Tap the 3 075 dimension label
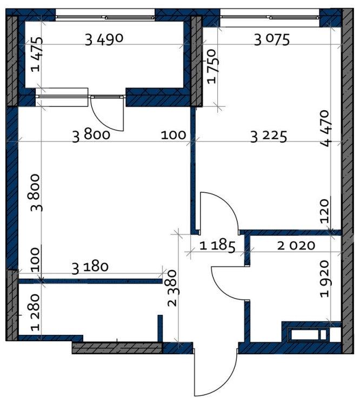[272, 40]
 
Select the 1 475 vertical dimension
[36, 55]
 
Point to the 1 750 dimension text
[211, 66]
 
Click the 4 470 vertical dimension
[326, 129]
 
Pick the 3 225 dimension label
[269, 136]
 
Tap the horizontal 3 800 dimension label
[91, 136]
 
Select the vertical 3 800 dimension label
[36, 193]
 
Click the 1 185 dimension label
[217, 246]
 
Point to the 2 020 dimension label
[296, 246]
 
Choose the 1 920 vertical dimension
[325, 279]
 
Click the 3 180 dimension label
[90, 268]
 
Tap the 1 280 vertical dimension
[36, 313]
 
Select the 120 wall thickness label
[324, 211]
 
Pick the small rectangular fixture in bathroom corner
[309, 334]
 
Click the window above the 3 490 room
[105, 17]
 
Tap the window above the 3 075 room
[270, 17]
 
